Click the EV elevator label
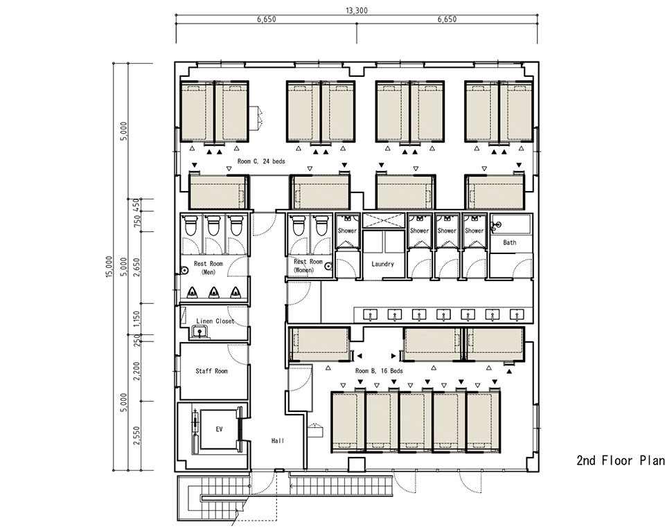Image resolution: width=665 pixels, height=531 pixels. click(x=219, y=429)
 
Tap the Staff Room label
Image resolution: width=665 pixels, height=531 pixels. click(x=211, y=371)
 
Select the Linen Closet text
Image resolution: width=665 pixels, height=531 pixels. click(x=215, y=321)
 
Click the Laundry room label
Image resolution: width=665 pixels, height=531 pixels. click(x=382, y=264)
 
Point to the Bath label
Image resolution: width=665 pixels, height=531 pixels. click(x=510, y=242)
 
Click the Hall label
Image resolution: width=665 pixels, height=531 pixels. click(x=278, y=441)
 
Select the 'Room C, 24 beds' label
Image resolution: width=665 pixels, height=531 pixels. click(x=261, y=161)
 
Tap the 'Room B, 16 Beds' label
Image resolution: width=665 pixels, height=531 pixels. click(x=379, y=371)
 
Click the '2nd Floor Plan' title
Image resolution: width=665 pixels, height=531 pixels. click(x=621, y=460)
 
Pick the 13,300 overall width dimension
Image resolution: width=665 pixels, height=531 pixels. click(x=357, y=10)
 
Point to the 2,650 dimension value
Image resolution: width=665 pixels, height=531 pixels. click(x=136, y=267)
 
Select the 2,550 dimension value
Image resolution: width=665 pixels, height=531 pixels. click(x=136, y=436)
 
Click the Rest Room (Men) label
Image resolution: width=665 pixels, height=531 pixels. click(x=209, y=268)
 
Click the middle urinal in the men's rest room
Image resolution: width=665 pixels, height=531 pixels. click(x=214, y=292)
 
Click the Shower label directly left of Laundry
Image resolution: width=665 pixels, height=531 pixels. click(x=347, y=231)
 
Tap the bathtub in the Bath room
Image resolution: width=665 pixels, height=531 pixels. click(x=511, y=224)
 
